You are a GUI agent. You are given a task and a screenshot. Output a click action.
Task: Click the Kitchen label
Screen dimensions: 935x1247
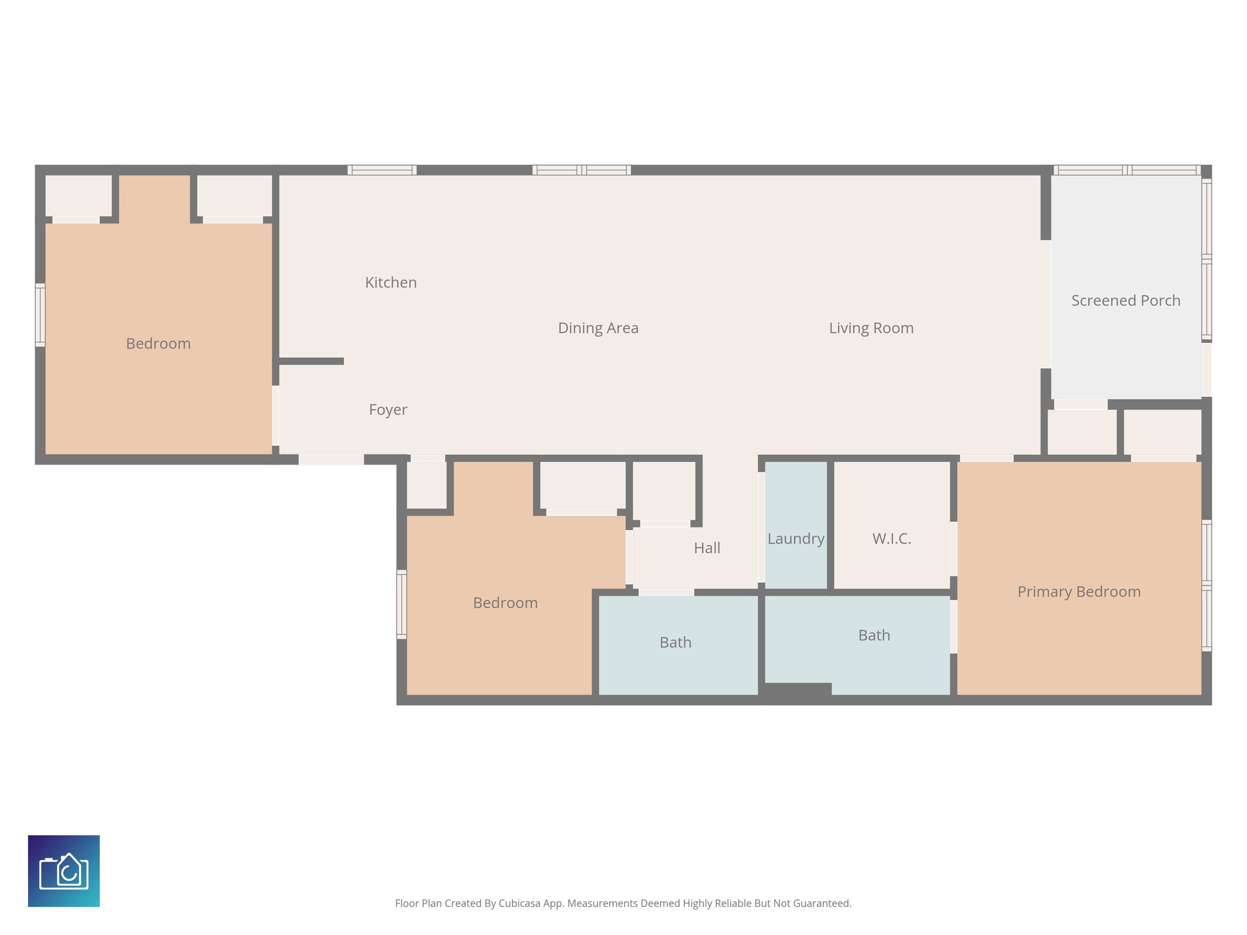[391, 282]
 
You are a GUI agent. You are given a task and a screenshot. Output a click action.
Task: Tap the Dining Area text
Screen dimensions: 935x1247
[598, 328]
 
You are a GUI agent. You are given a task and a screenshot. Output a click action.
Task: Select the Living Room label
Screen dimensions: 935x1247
[871, 328]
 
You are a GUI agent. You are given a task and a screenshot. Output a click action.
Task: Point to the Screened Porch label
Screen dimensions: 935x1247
[1125, 301]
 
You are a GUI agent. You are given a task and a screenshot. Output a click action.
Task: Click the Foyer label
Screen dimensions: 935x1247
[388, 410]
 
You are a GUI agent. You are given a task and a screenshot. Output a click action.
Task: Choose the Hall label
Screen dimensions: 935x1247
[707, 548]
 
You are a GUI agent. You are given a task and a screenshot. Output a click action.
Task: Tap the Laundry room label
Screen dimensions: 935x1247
[795, 539]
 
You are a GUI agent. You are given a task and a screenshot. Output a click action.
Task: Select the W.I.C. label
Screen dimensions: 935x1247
[891, 539]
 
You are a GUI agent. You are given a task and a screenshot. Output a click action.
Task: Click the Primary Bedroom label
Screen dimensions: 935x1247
[1078, 592]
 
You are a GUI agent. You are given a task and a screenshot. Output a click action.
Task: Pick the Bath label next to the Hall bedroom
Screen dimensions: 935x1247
[675, 642]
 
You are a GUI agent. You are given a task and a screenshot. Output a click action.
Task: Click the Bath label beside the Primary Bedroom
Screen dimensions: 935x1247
[874, 636]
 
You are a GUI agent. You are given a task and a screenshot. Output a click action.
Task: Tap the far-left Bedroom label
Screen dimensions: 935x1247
[158, 344]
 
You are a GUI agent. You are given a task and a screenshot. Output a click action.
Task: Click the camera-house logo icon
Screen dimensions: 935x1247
[64, 870]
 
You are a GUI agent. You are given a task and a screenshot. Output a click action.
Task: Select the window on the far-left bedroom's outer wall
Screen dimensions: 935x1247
[40, 315]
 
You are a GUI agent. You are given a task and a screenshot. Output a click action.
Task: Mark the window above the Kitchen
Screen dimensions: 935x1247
[382, 170]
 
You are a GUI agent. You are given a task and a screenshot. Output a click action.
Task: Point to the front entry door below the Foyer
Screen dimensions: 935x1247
[331, 460]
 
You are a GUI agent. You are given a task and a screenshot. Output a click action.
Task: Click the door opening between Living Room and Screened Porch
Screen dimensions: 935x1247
[1045, 304]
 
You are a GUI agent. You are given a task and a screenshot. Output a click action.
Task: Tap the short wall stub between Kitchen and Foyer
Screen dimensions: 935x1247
[311, 361]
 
